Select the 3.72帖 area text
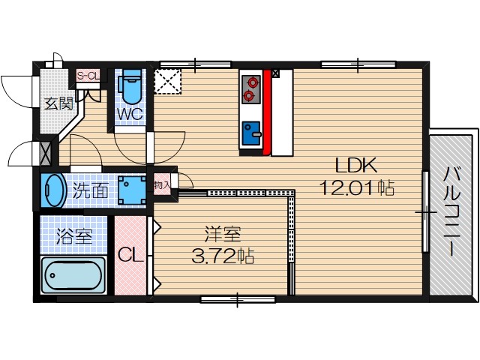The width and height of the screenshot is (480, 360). point(223,256)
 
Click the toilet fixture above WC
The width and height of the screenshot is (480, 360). point(132,87)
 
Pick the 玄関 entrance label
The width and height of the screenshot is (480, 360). point(57,104)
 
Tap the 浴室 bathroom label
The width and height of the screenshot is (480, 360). point(74,236)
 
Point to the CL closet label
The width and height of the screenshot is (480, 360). point(131,255)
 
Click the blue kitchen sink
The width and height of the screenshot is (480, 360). point(250,134)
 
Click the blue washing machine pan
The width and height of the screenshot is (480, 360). point(133,190)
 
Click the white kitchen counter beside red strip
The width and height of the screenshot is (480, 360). point(281,112)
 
